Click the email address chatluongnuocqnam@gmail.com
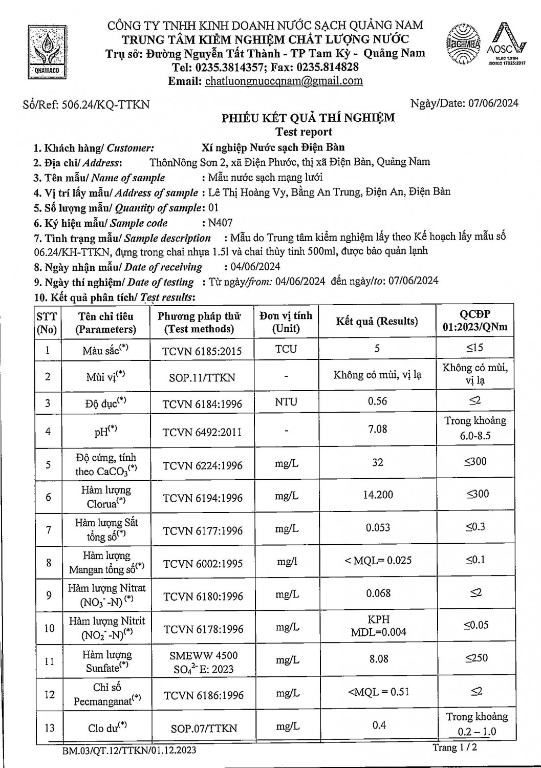284,81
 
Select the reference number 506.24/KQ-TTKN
105,104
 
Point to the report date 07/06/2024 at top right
493,103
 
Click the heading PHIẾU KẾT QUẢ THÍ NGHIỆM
308,118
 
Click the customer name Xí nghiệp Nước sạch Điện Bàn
273,148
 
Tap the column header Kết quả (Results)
377,322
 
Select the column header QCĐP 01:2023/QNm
475,321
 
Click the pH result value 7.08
378,429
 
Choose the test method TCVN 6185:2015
202,351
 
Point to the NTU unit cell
286,402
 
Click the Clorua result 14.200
378,495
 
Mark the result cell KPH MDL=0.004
378,626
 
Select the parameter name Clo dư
107,727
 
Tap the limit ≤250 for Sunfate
476,658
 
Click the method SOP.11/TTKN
202,377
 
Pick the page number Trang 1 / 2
454,748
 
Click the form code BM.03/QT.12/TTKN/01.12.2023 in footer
129,751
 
